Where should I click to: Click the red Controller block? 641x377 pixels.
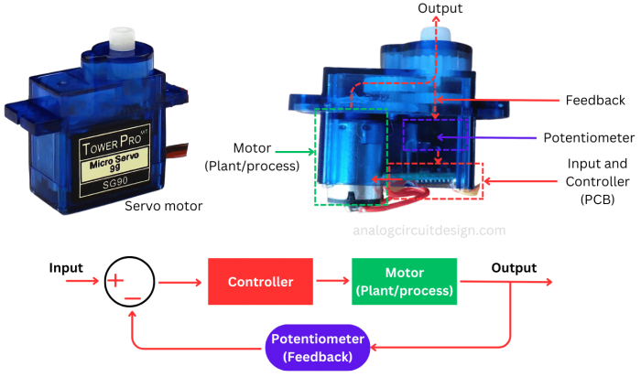pos(260,282)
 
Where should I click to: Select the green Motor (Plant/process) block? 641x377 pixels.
pos(404,282)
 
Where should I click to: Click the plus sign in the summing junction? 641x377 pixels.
pos(115,281)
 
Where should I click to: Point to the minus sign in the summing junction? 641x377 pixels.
pos(133,299)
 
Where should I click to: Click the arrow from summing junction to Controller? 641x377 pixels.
pos(183,282)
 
